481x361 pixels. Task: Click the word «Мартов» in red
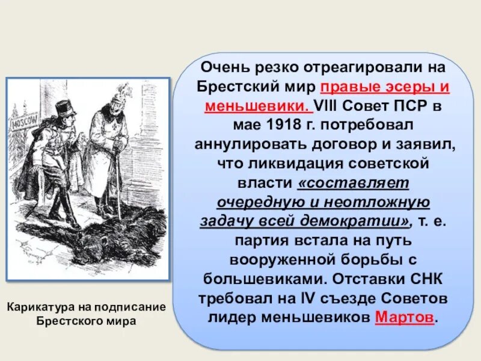404,317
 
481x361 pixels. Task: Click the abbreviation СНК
426,279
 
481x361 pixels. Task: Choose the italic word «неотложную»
379,202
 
